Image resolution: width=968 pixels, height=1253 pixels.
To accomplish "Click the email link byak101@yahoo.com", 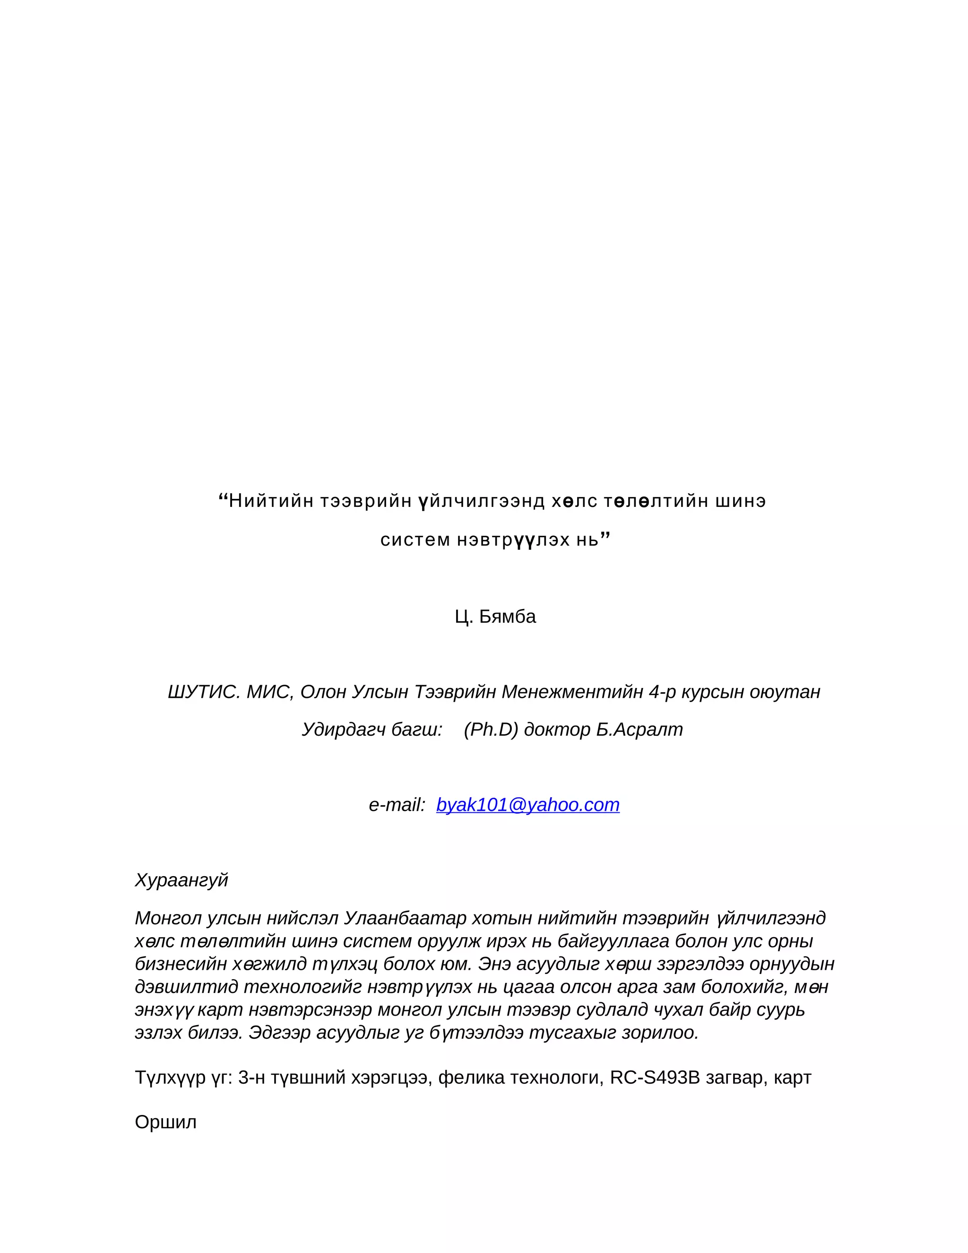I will (x=527, y=805).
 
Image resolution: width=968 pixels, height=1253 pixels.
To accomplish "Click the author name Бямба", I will (x=507, y=616).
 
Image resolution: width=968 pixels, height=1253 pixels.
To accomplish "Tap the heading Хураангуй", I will (x=181, y=880).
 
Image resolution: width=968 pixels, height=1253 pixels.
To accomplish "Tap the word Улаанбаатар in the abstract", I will (x=405, y=918).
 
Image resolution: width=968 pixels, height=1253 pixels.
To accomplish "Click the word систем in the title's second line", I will (x=415, y=539).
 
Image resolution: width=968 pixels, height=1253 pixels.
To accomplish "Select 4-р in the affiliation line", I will (x=662, y=692).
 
